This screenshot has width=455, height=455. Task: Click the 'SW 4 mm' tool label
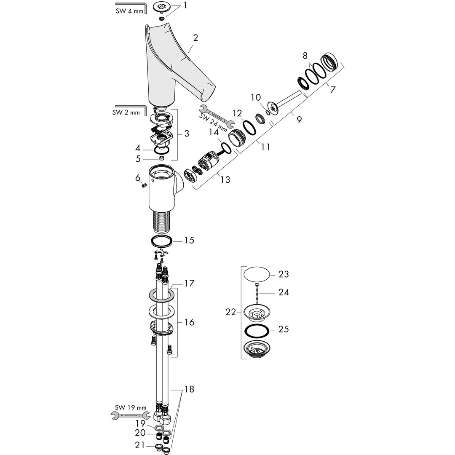pyautogui.click(x=129, y=11)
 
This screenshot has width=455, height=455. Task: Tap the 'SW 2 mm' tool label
pyautogui.click(x=126, y=112)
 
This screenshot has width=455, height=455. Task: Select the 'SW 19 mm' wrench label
pyautogui.click(x=131, y=407)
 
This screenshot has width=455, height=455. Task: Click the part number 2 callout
pyautogui.click(x=195, y=37)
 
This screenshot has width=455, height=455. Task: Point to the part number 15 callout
pyautogui.click(x=189, y=240)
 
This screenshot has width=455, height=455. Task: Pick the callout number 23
pyautogui.click(x=284, y=274)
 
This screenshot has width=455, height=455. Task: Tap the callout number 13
pyautogui.click(x=225, y=179)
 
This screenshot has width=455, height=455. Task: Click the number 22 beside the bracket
pyautogui.click(x=230, y=312)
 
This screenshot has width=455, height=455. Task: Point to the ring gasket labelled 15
pyautogui.click(x=162, y=241)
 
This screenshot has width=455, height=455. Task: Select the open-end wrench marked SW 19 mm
pyautogui.click(x=130, y=416)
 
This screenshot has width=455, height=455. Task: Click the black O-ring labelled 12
pyautogui.click(x=249, y=128)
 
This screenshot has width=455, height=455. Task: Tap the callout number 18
pyautogui.click(x=189, y=389)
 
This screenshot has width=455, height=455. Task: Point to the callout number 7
pyautogui.click(x=332, y=90)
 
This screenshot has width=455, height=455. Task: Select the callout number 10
pyautogui.click(x=256, y=98)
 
